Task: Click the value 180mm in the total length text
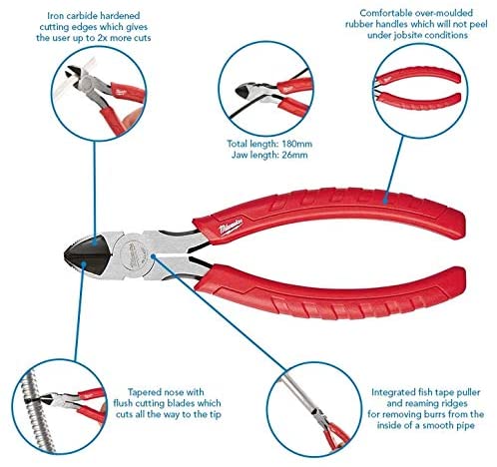pyautogui.click(x=297, y=144)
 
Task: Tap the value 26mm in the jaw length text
pyautogui.click(x=294, y=155)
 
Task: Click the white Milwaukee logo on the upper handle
pyautogui.click(x=231, y=228)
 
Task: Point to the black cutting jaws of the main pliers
pyautogui.click(x=89, y=255)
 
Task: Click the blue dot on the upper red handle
pyautogui.click(x=385, y=201)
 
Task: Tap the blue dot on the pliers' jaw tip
pyautogui.click(x=84, y=264)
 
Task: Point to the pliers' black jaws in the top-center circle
pyautogui.click(x=244, y=91)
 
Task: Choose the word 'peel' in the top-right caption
pyautogui.click(x=477, y=24)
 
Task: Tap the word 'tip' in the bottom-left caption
pyautogui.click(x=216, y=414)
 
